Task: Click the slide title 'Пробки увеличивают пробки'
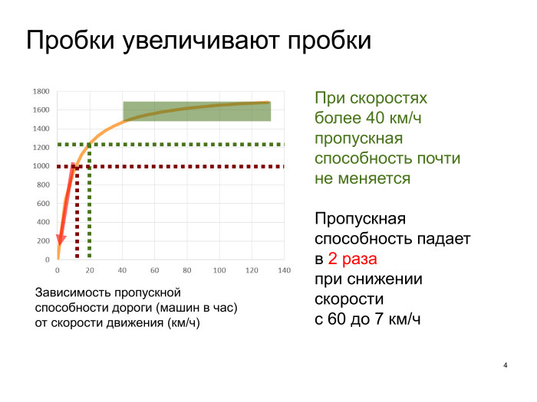[x=199, y=41]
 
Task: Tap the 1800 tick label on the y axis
[x=41, y=91]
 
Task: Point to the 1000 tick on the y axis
[x=41, y=166]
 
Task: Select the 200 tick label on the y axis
[x=43, y=241]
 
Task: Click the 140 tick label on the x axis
[x=284, y=270]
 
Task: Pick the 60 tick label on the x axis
[x=154, y=270]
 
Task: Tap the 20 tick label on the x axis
[x=90, y=270]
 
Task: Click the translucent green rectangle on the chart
[x=196, y=111]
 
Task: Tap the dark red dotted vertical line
[x=77, y=222]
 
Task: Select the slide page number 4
[x=506, y=364]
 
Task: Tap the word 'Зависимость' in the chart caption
[x=71, y=293]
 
